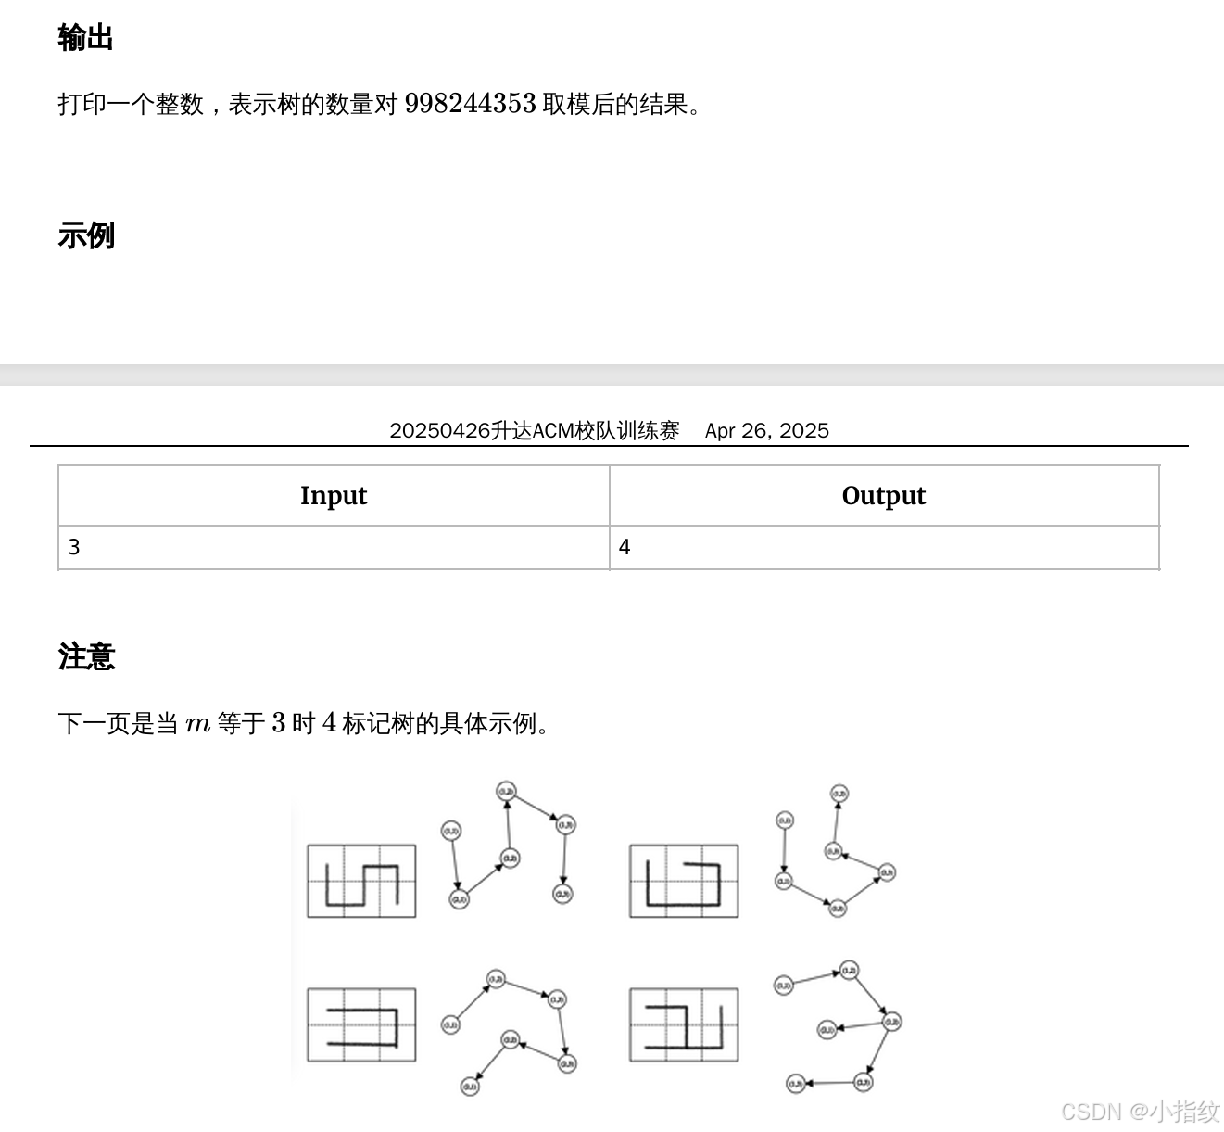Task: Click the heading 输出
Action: [85, 38]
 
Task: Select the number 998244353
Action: [470, 103]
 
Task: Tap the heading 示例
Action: [85, 235]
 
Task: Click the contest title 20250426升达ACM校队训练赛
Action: [534, 430]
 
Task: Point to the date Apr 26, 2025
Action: [766, 430]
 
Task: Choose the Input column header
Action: [334, 496]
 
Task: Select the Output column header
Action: [883, 496]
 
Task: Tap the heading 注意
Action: [86, 656]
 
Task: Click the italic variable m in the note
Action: [197, 724]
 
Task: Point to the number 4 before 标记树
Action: [329, 723]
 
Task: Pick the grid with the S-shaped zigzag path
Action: [361, 881]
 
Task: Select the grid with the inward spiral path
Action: [684, 881]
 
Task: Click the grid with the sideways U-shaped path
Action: [361, 1025]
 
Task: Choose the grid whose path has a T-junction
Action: [684, 1025]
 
